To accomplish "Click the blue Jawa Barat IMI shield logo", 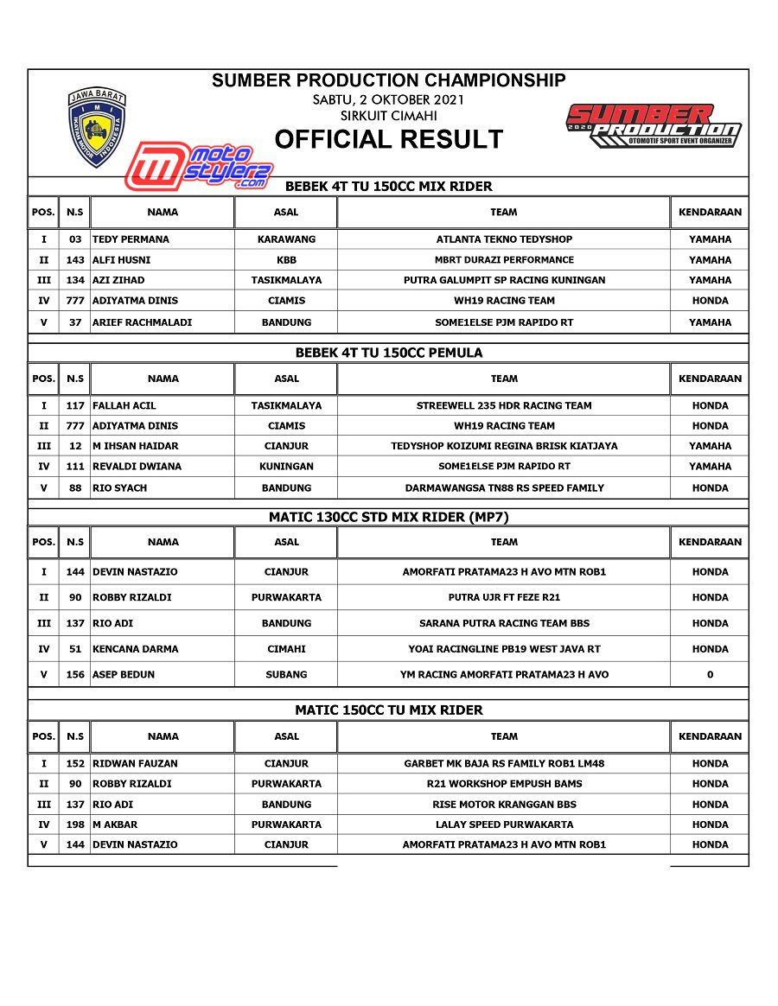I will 97,127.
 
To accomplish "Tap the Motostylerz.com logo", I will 200,167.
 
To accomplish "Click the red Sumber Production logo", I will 654,126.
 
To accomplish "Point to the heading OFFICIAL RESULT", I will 388,139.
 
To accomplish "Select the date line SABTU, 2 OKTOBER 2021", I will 388,100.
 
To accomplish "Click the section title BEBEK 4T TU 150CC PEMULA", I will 388,353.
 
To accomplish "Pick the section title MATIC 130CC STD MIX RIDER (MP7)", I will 388,517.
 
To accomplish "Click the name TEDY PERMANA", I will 131,239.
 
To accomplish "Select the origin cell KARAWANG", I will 286,239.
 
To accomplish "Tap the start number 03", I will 75,239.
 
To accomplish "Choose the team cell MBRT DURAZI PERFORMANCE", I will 504,260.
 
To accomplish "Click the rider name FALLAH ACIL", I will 124,405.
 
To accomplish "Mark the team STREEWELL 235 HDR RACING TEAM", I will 504,405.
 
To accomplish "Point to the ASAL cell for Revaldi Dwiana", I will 286,467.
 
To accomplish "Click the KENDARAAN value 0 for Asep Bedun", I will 710,675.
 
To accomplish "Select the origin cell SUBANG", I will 286,675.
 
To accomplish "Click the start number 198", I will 75,825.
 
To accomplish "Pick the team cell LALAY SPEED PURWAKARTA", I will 504,825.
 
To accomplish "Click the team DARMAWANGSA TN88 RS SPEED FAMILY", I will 504,488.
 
